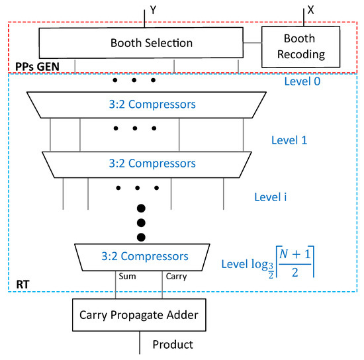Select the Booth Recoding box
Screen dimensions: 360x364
coord(295,46)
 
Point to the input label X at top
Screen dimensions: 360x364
coord(312,10)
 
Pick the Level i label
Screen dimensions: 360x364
coord(273,197)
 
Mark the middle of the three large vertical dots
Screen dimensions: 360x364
coord(140,222)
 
